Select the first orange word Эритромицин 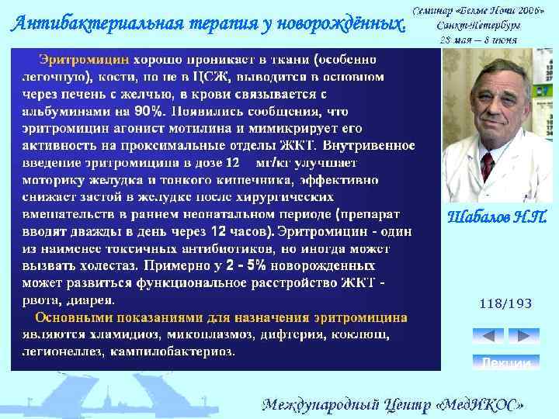click(84, 59)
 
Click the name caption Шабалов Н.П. click(497, 217)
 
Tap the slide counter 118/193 click(505, 303)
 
